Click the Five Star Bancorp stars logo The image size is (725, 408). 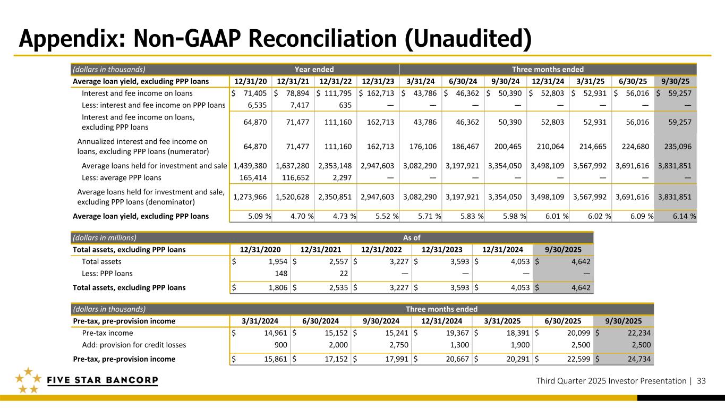(x=26, y=380)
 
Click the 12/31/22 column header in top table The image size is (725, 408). (x=336, y=81)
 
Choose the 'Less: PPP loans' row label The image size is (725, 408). (x=107, y=274)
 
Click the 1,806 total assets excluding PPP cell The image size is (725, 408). (x=276, y=288)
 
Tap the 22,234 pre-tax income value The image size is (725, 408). (x=636, y=333)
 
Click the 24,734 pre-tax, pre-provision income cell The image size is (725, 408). (x=636, y=359)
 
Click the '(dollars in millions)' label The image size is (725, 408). (x=105, y=237)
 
